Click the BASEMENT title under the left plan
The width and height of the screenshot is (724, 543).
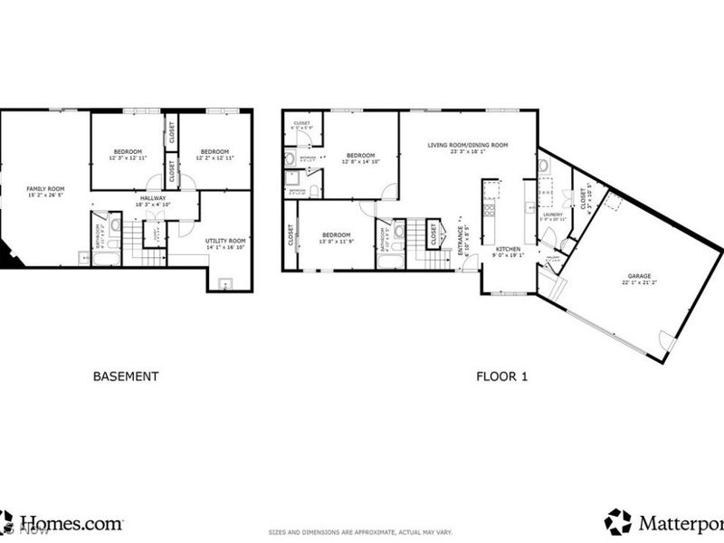coord(127,376)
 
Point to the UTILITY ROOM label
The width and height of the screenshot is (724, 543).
coord(225,240)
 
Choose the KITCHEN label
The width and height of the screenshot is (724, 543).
coord(507,248)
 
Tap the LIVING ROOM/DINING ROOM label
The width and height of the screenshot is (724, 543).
coord(468,145)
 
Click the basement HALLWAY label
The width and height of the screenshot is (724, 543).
coord(152,198)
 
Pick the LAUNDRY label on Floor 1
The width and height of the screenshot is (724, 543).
coord(552,214)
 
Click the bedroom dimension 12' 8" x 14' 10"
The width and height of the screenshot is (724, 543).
coord(361,162)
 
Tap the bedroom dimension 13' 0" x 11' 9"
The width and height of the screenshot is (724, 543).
coord(336,241)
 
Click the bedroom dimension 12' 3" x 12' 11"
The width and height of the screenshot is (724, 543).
coord(127,157)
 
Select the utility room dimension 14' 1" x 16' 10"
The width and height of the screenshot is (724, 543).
coord(225,246)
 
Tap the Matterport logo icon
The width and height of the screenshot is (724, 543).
coord(618,521)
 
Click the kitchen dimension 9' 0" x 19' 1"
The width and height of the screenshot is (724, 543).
coord(507,254)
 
